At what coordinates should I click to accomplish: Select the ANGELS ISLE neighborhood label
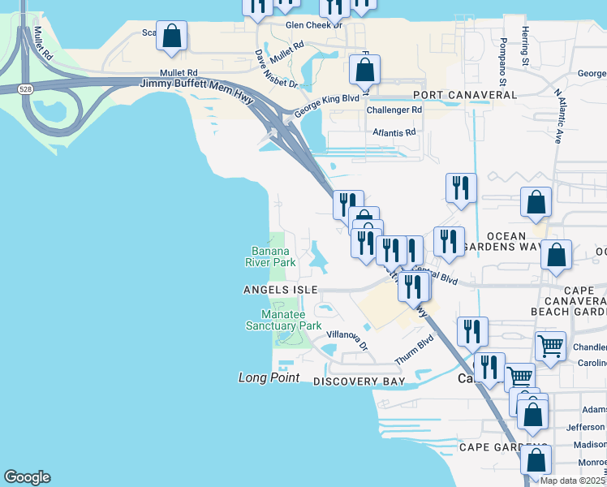coord(278,290)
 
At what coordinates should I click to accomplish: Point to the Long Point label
coord(269,378)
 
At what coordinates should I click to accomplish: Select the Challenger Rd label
coord(394,110)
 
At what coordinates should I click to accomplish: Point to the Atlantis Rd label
coord(394,131)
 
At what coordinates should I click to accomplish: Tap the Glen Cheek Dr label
coord(314,25)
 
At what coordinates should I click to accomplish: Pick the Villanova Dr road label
coord(347,339)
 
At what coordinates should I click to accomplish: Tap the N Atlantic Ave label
coord(559,114)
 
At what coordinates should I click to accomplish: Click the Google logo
coord(27,477)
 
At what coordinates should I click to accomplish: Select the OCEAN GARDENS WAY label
coord(512,241)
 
